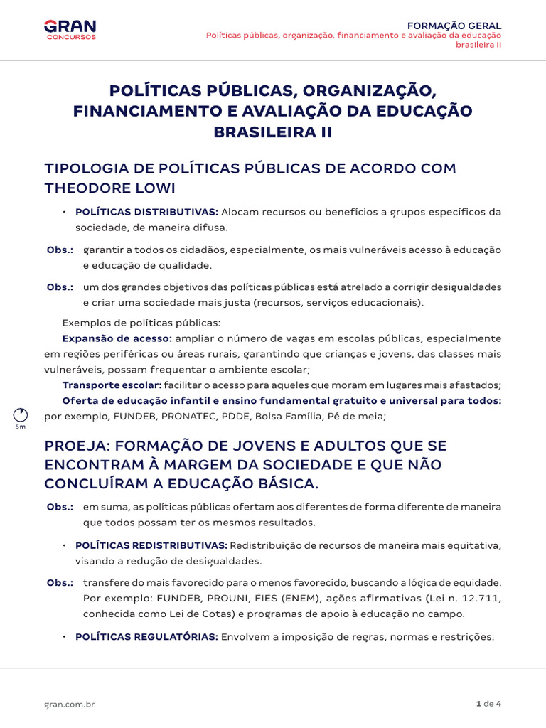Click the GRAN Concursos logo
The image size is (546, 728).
[x=70, y=30]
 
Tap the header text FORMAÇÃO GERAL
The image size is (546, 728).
[x=464, y=26]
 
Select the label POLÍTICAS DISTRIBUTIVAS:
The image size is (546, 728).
[x=146, y=212]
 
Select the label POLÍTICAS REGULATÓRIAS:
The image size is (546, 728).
[x=146, y=637]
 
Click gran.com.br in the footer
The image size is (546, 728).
[x=70, y=704]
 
